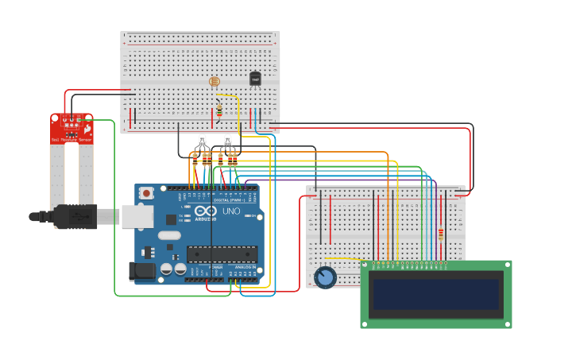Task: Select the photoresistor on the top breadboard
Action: [213, 81]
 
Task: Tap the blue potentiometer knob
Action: [325, 277]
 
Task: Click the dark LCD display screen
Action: [436, 294]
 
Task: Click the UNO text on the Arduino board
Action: [230, 211]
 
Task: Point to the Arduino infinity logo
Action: [204, 212]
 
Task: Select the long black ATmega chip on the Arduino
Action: [222, 254]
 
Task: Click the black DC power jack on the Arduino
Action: [141, 271]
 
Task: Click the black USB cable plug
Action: [75, 216]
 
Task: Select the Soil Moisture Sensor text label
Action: [72, 140]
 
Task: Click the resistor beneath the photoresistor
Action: [219, 110]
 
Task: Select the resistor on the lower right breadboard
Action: [441, 234]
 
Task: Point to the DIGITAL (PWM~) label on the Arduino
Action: [227, 199]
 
